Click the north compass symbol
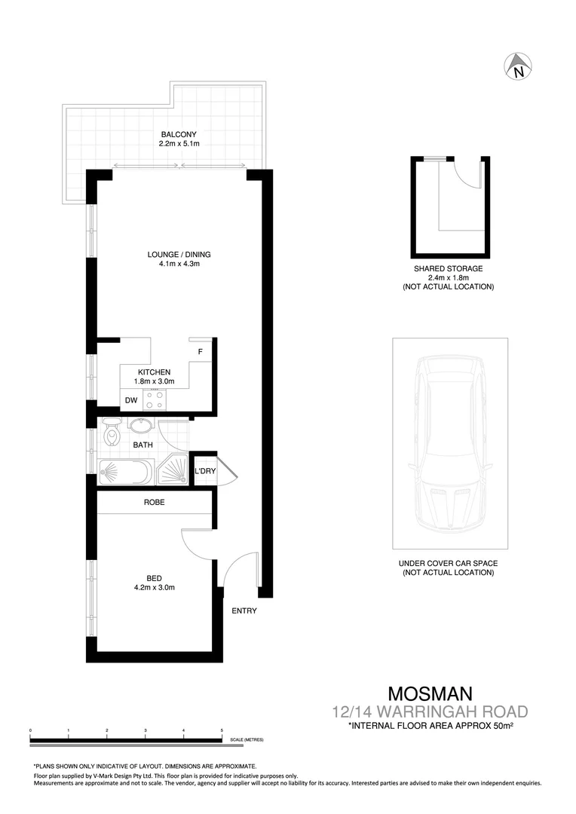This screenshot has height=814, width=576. [x=518, y=67]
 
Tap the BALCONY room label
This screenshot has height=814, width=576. [x=179, y=135]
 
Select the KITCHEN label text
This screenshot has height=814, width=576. [x=154, y=372]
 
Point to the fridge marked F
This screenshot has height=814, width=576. [x=201, y=352]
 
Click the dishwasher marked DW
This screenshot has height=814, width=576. [x=131, y=400]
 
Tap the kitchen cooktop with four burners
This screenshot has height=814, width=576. [x=160, y=399]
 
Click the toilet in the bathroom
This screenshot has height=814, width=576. [x=112, y=432]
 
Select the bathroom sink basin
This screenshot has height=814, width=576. [x=140, y=426]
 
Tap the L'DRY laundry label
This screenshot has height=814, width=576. [x=204, y=472]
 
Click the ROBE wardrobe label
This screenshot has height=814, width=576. [x=154, y=502]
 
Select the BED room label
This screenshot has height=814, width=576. [x=154, y=578]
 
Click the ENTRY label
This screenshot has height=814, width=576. [x=244, y=610]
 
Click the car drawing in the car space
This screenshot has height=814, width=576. [x=450, y=445]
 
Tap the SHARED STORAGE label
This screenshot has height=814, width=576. [x=448, y=268]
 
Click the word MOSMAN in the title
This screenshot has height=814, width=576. [x=430, y=693]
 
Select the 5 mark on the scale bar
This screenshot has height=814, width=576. [x=222, y=731]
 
